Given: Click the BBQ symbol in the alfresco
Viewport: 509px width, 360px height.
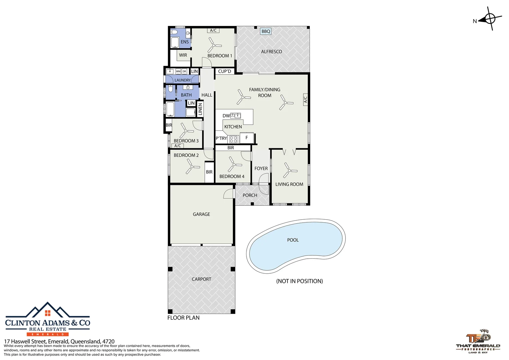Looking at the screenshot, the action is coord(265,31).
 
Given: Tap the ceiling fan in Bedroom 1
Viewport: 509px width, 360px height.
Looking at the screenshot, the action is coord(214,45).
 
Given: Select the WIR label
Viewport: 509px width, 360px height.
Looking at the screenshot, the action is coord(183,55).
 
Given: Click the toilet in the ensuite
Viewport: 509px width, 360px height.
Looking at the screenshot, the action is coord(174,32).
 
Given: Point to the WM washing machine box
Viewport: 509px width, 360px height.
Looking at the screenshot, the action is coord(178,71).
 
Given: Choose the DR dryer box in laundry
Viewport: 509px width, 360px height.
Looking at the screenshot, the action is coord(184,71).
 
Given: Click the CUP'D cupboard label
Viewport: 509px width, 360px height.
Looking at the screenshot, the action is coord(225,71).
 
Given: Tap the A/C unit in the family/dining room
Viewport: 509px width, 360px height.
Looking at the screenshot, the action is coord(305,99).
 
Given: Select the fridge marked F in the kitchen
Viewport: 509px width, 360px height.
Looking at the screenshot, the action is coord(247,138).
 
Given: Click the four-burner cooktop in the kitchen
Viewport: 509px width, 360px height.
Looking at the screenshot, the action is coord(233,139).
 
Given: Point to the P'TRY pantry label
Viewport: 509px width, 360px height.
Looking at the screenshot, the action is coord(221,138).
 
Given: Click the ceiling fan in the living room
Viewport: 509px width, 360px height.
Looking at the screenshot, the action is coord(289,170).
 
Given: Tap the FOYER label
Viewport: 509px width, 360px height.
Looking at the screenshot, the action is coord(261,169).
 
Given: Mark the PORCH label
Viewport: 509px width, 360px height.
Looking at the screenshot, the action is coord(250,195).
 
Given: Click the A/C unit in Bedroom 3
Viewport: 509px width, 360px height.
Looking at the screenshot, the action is coord(178,146).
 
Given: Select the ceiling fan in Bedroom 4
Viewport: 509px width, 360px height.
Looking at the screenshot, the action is coord(234,164).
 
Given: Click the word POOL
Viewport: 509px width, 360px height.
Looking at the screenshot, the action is coord(293,240).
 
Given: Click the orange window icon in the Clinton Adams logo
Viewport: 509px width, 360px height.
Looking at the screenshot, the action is coord(48,313).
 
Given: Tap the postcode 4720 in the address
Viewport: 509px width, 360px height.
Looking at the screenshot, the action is coord(108,341).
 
